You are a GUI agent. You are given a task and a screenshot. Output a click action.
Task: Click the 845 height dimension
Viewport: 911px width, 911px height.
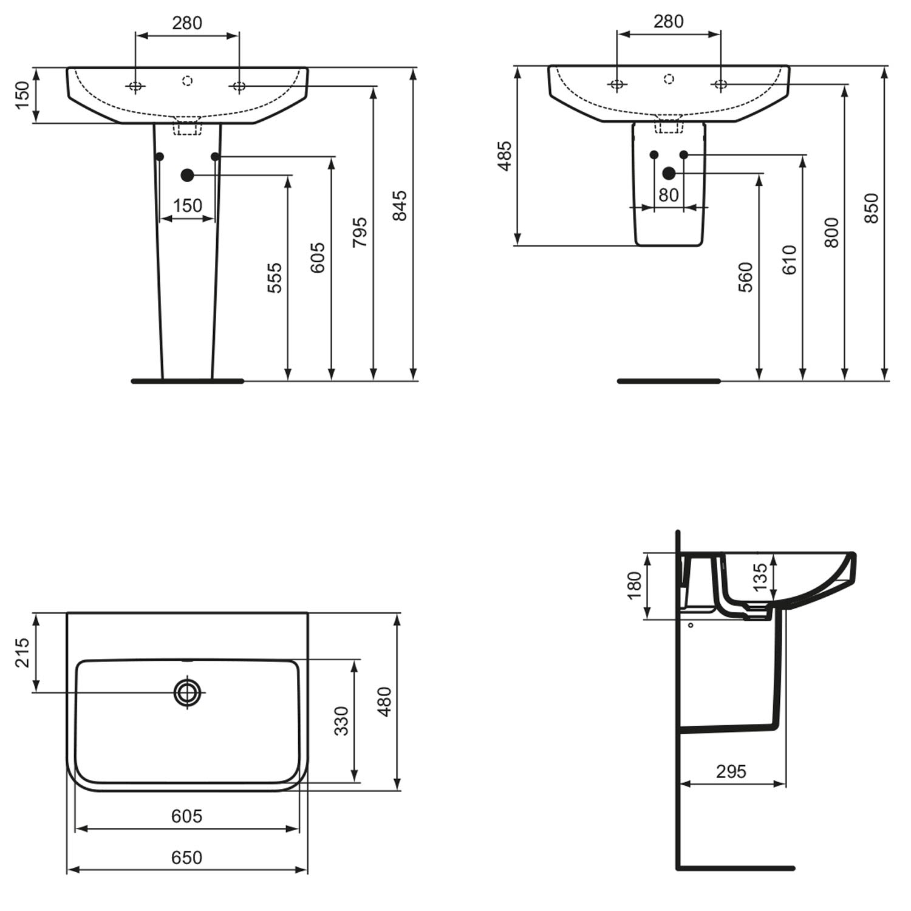399,205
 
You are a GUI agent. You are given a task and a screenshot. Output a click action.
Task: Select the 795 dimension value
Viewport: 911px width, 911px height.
360,232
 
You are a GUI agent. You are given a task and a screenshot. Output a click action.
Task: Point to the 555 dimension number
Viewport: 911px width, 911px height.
275,278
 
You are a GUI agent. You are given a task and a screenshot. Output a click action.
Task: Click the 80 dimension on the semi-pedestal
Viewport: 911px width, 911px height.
668,195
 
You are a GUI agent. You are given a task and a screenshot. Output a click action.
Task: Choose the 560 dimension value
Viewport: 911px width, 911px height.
745,277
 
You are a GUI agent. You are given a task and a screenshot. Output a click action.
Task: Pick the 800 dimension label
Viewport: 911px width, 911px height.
831,232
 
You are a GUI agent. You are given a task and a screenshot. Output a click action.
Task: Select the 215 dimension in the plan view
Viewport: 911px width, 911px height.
22,652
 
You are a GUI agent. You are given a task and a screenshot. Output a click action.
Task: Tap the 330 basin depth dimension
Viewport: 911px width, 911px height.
342,721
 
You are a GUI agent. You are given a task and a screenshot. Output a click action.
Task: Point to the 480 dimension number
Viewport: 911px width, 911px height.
384,701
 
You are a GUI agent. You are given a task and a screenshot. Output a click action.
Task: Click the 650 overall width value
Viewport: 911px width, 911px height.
186,857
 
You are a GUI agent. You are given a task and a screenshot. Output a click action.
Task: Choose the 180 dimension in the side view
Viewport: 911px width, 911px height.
634,585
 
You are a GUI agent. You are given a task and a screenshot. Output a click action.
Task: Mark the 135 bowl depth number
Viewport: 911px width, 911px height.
760,577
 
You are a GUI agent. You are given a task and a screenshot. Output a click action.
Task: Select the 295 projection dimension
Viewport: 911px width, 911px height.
731,771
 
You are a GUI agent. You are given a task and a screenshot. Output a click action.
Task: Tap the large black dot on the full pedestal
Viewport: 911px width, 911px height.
187,176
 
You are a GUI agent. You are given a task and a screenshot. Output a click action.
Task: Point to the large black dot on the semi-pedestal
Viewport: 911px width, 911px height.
669,174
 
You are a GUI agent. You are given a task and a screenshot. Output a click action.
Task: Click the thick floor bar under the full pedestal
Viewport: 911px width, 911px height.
188,381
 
